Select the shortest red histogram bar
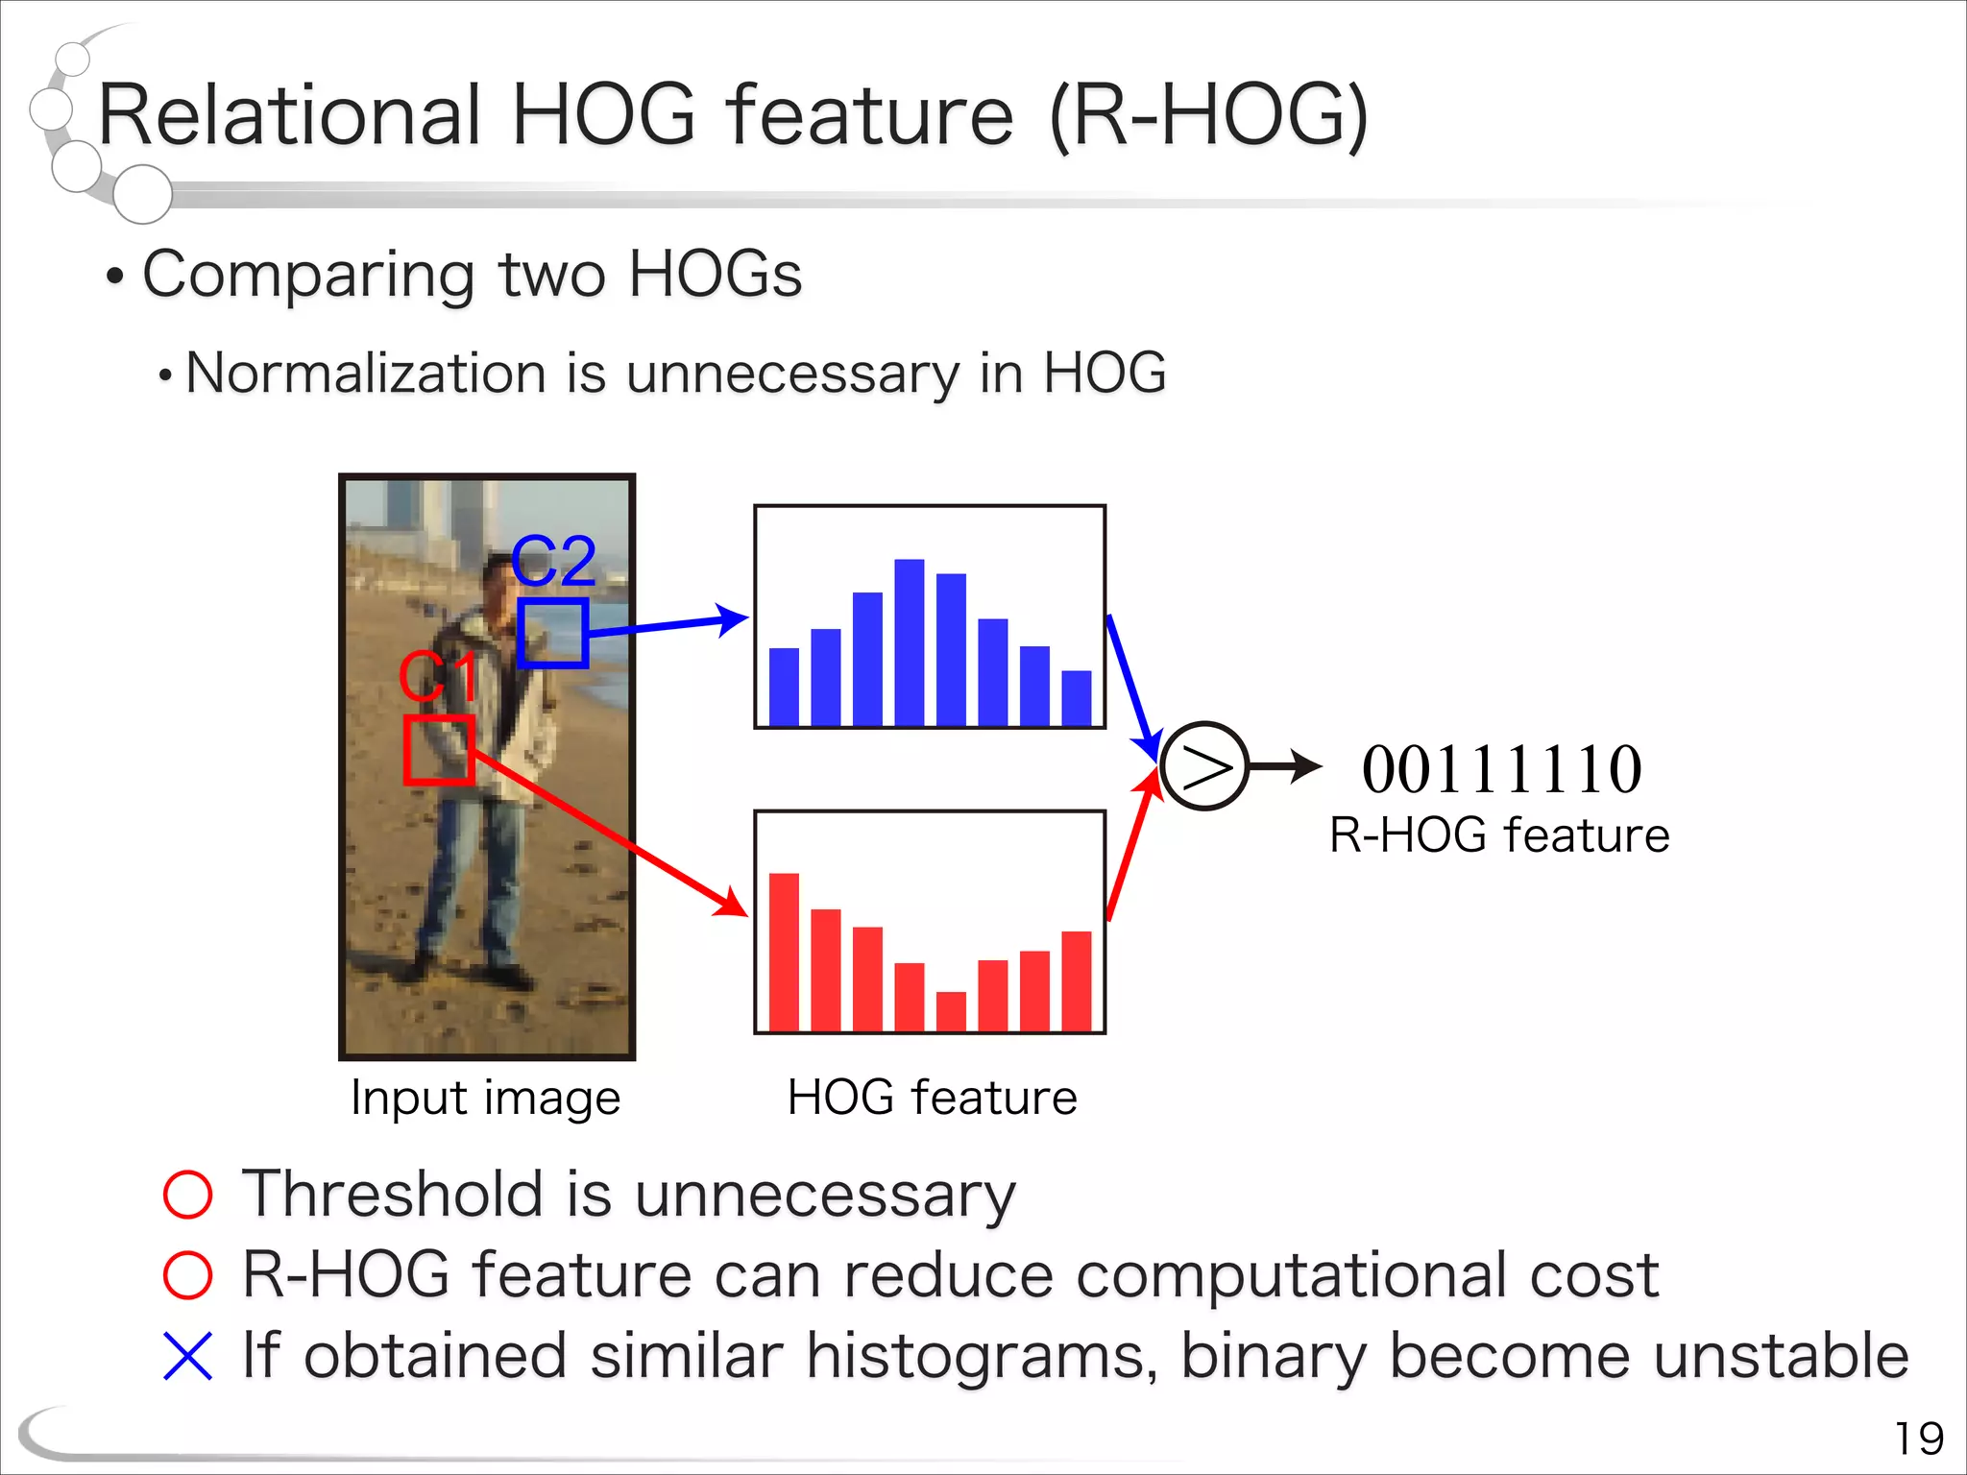coord(951,1011)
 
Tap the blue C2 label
coord(553,561)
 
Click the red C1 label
coord(438,677)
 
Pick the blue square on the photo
coord(552,634)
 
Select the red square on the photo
coord(438,750)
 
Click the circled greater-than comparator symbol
coord(1204,766)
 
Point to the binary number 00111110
coord(1501,770)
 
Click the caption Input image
coord(485,1098)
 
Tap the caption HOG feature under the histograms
coord(932,1098)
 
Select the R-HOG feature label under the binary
coord(1499,835)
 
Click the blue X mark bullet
coord(187,1356)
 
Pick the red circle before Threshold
coord(187,1195)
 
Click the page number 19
coord(1918,1439)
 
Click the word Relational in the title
coord(288,115)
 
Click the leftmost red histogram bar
coord(784,951)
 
